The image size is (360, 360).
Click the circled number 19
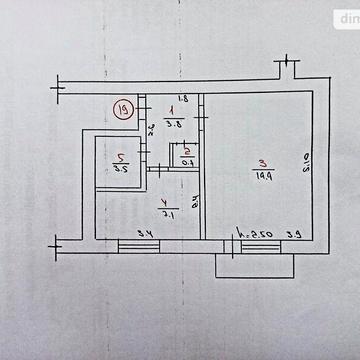(123, 110)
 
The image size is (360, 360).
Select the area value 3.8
(173, 125)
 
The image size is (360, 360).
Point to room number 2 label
(187, 150)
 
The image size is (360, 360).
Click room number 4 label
(166, 199)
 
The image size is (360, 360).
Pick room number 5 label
(119, 158)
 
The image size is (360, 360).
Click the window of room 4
(139, 245)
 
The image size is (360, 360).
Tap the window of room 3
(258, 245)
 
